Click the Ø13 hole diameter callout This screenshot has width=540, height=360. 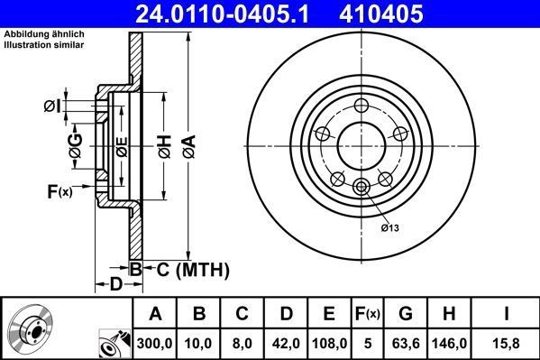[x=389, y=226]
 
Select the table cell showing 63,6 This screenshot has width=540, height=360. [x=406, y=342]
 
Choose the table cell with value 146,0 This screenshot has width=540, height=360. [x=451, y=342]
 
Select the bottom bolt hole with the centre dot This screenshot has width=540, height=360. [x=362, y=187]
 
